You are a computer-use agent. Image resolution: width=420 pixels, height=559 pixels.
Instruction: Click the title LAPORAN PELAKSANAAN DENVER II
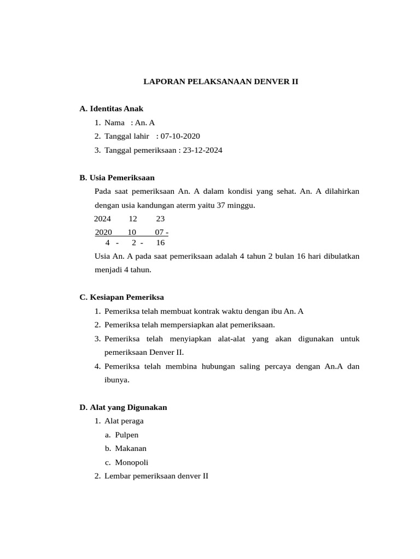click(220, 82)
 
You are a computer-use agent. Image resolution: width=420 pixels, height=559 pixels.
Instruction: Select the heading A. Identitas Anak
click(111, 109)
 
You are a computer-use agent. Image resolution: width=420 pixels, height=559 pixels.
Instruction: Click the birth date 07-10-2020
click(180, 136)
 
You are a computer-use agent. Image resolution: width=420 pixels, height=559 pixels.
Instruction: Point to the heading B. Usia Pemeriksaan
click(117, 177)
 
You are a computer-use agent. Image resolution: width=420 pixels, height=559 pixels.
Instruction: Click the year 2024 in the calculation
click(102, 218)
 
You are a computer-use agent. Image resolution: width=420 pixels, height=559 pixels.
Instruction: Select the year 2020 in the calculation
click(103, 232)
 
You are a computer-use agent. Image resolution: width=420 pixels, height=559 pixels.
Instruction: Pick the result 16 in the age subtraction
click(160, 242)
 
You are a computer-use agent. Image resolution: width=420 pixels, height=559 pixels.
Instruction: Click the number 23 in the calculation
click(160, 218)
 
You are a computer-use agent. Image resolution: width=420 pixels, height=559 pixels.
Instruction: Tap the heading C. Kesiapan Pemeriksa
click(121, 298)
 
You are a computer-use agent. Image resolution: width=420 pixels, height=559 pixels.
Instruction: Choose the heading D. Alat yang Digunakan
click(123, 407)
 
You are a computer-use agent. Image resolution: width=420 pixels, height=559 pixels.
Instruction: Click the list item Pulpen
click(127, 435)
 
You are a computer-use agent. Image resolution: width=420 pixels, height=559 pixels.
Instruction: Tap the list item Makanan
click(131, 448)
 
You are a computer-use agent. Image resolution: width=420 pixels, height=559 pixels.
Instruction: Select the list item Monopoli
click(131, 462)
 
